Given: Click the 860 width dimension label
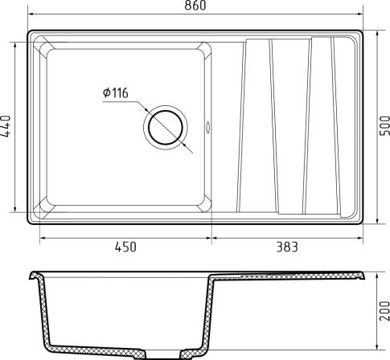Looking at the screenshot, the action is pyautogui.click(x=195, y=6).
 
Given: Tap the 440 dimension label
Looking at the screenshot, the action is pyautogui.click(x=6, y=126).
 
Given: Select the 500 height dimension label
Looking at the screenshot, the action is pyautogui.click(x=385, y=126).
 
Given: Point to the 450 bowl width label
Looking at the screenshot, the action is pyautogui.click(x=125, y=247).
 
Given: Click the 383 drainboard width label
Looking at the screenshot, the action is pyautogui.click(x=287, y=247).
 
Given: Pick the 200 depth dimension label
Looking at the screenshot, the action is pyautogui.click(x=385, y=311).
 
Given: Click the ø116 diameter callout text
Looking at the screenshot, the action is pyautogui.click(x=116, y=93).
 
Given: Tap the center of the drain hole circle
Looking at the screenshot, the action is pyautogui.click(x=166, y=127).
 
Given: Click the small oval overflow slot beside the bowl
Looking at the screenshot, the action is pyautogui.click(x=208, y=127).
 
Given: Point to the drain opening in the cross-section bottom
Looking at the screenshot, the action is pyautogui.click(x=164, y=354).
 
